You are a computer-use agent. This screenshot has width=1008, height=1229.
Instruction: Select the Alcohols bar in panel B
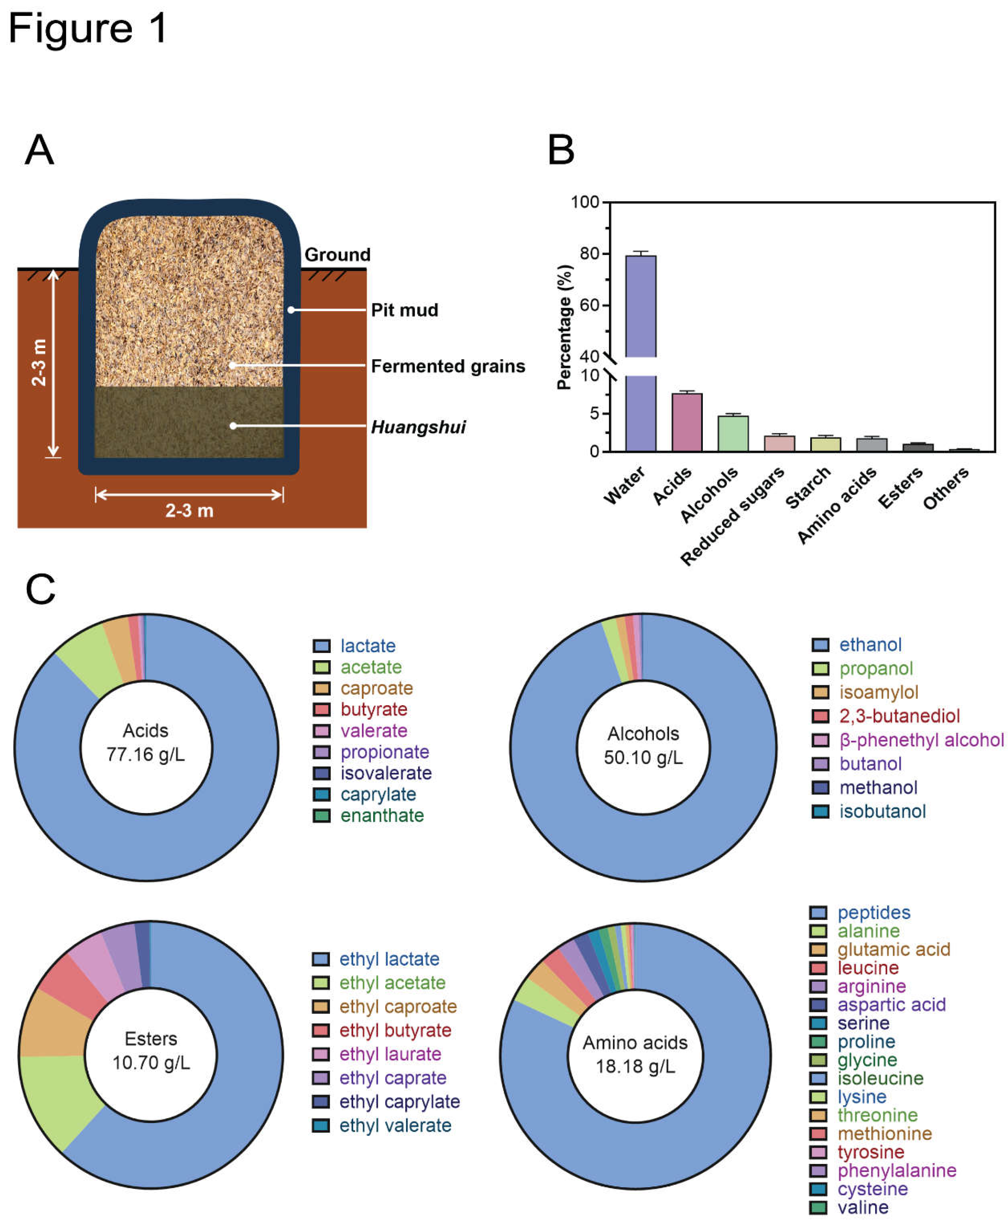733,433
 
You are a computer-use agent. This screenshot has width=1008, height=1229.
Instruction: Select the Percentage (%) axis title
564,327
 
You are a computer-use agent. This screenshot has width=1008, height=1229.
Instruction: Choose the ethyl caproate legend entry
398,1006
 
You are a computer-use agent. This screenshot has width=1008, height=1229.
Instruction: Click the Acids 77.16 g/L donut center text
146,742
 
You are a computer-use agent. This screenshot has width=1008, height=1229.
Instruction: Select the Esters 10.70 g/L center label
151,1050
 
